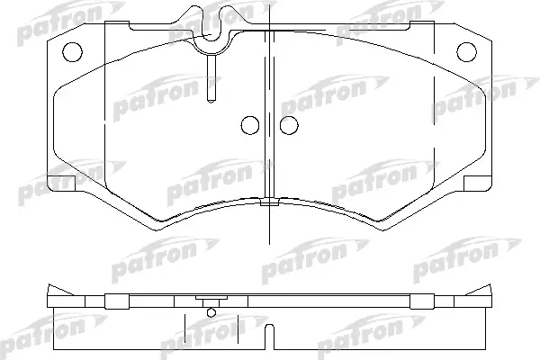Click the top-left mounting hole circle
point(72,52)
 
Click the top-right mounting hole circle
point(466,52)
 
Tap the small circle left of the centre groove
point(249,125)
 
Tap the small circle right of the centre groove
point(289,125)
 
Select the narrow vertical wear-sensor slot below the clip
point(211,78)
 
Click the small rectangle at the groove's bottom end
point(269,202)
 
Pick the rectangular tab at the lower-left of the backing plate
point(60,184)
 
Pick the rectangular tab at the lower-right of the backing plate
point(478,184)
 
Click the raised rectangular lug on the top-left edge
point(117,25)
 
